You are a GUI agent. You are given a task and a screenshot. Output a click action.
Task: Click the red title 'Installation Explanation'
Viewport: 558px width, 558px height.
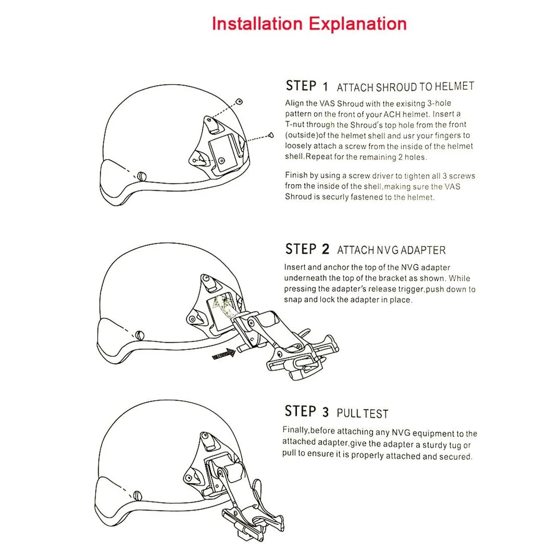[x=309, y=24]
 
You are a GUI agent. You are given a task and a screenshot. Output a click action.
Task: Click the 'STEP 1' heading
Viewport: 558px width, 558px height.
[x=307, y=86]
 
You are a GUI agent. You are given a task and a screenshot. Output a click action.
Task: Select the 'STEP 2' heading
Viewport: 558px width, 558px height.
[x=307, y=249]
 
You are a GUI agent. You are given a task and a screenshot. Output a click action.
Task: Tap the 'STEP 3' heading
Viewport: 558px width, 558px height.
[x=307, y=412]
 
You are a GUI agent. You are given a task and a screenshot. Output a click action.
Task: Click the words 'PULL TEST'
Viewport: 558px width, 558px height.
[x=362, y=413]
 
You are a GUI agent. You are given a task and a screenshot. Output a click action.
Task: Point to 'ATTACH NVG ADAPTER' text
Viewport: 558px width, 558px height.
[x=391, y=250]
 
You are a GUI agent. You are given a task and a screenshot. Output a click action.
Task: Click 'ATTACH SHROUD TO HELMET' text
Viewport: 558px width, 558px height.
[x=405, y=87]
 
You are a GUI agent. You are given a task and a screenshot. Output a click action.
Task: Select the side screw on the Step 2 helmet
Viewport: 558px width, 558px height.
[x=139, y=335]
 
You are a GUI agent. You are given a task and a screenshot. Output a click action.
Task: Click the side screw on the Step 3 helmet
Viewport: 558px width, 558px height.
[x=137, y=495]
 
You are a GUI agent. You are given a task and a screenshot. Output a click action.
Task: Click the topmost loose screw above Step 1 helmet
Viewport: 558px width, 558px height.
[x=239, y=101]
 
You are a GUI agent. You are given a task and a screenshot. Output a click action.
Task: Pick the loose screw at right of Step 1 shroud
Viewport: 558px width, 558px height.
[x=271, y=134]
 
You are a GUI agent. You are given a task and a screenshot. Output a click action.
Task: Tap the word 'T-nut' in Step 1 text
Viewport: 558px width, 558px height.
[x=297, y=124]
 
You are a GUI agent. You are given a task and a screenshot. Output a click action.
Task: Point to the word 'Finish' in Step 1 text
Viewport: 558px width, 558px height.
[x=296, y=175]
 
